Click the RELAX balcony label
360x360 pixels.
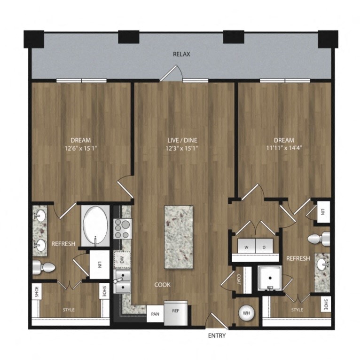click(181, 55)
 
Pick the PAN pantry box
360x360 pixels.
click(155, 312)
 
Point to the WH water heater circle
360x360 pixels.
click(246, 312)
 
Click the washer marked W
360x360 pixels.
click(246, 246)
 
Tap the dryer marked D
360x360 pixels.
click(264, 246)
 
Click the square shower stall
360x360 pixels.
click(270, 279)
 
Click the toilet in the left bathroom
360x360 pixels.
click(44, 268)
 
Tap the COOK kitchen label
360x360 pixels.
click(162, 285)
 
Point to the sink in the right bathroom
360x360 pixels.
click(322, 265)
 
